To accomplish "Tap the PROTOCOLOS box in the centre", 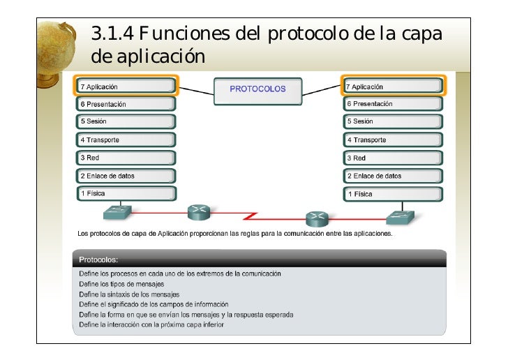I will pos(258,89).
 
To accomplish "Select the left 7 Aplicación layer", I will pos(126,87).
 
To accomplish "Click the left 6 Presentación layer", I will pos(126,104).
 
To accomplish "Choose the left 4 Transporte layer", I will pos(126,140).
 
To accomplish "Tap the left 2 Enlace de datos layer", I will pos(126,176).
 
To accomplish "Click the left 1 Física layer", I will pos(126,194).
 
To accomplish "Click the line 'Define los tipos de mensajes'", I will pos(121,284).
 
